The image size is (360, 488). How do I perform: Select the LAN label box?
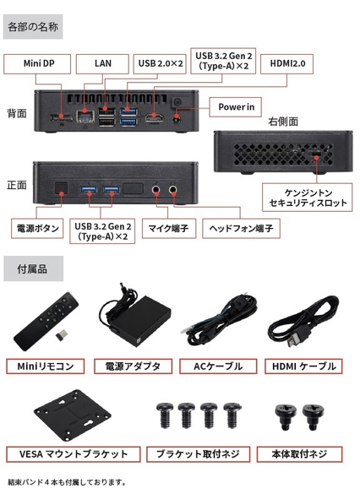[102, 64]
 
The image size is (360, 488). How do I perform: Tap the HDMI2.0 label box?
[286, 64]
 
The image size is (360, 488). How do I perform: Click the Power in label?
[235, 107]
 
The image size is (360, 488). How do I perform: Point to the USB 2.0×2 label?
[160, 64]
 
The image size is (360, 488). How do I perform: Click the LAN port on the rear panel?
[85, 117]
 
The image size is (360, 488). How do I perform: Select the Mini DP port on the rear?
[61, 118]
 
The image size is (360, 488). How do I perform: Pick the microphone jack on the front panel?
[156, 189]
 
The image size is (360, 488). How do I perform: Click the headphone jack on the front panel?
[173, 189]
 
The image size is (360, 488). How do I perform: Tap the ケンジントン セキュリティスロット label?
[308, 198]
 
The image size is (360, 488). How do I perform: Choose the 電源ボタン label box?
[37, 229]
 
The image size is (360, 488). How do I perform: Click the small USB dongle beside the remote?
[63, 334]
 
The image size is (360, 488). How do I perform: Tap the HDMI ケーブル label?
[303, 366]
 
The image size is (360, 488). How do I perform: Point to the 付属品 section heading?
[33, 268]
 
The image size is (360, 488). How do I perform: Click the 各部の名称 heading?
[33, 27]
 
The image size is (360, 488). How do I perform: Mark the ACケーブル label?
[218, 366]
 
